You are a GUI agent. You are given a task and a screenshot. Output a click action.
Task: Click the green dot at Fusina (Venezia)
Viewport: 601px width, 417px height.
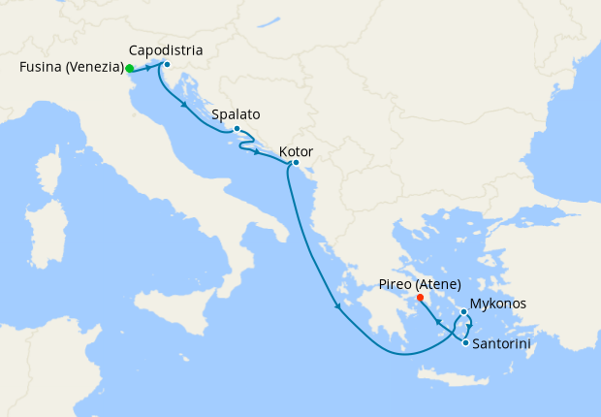pyautogui.click(x=129, y=69)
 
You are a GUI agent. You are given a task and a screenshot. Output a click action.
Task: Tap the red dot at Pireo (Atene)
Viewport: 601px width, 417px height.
pyautogui.click(x=420, y=298)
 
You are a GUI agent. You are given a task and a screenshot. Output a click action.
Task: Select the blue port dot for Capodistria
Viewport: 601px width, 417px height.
pyautogui.click(x=167, y=65)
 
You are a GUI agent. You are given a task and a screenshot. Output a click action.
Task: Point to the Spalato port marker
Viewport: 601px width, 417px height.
pyautogui.click(x=237, y=128)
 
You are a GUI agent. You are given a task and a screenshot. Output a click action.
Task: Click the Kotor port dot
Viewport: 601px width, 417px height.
pyautogui.click(x=295, y=163)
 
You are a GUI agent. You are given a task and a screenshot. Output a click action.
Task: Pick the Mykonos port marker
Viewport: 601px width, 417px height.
pyautogui.click(x=463, y=312)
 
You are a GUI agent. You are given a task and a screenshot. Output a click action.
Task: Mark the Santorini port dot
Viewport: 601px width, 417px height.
pyautogui.click(x=466, y=343)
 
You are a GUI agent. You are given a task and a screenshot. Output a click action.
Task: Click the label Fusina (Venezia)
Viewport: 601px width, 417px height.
pyautogui.click(x=71, y=68)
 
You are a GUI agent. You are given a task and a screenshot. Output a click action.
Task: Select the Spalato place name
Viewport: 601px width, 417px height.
pyautogui.click(x=236, y=113)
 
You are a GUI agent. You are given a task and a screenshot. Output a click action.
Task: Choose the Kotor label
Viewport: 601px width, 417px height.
pyautogui.click(x=295, y=151)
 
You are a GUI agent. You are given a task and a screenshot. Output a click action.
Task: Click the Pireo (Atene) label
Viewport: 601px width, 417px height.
pyautogui.click(x=420, y=285)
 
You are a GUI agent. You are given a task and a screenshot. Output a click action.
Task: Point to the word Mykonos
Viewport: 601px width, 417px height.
pyautogui.click(x=498, y=304)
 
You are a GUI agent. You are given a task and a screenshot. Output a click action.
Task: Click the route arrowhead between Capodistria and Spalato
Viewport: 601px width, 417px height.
pyautogui.click(x=183, y=104)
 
